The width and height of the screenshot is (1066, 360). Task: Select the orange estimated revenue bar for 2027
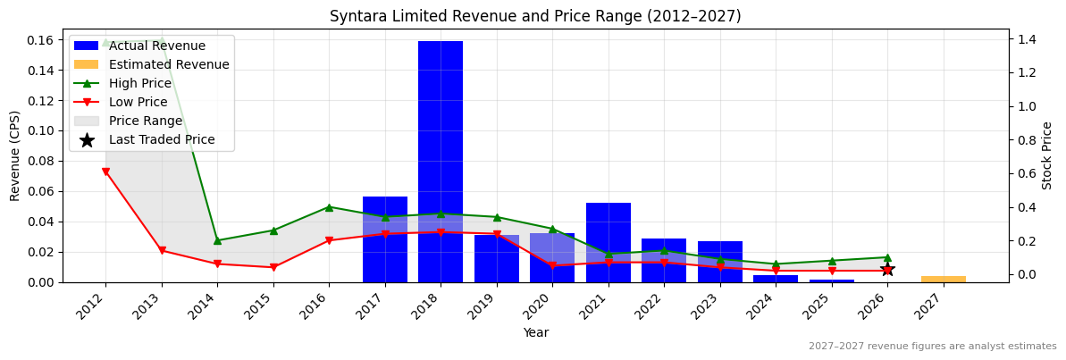tap(943, 279)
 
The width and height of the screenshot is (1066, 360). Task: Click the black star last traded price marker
tap(887, 269)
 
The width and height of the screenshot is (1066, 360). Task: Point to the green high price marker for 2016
tap(329, 207)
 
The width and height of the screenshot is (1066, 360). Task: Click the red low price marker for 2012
tap(105, 172)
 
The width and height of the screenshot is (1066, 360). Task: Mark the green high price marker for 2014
tap(217, 240)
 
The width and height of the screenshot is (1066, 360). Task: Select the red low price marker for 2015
tap(273, 267)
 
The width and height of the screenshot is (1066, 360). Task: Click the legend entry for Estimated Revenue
tap(169, 64)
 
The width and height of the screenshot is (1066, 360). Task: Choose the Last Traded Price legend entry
tap(162, 139)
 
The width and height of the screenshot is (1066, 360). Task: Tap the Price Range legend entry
tap(146, 121)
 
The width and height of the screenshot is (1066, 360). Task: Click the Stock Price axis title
tap(1047, 155)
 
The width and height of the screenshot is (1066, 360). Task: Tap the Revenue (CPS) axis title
tap(15, 155)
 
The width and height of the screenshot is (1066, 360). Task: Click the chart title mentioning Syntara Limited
tap(535, 16)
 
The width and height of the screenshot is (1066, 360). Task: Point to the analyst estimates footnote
tap(932, 347)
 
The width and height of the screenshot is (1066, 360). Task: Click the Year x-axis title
tap(535, 332)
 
